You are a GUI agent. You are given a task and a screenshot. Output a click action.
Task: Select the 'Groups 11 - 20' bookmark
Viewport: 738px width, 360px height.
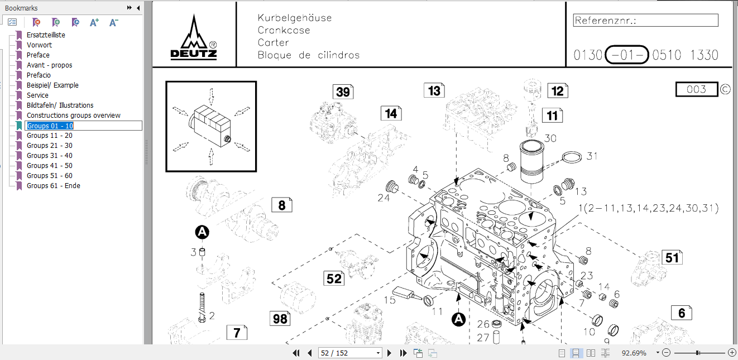[x=49, y=136]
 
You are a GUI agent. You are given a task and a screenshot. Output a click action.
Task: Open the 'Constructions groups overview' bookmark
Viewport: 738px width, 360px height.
[x=73, y=116]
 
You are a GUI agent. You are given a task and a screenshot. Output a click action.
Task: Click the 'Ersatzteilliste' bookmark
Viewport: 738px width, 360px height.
[x=46, y=35]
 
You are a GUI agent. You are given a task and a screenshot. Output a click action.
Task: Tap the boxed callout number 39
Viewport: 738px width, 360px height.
[x=343, y=92]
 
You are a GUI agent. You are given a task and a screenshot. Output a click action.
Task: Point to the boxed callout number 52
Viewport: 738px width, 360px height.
[x=334, y=278]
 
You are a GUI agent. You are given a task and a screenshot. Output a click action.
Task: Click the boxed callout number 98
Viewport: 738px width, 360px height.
[x=280, y=319]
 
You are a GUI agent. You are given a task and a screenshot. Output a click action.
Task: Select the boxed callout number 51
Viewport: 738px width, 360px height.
[x=672, y=257]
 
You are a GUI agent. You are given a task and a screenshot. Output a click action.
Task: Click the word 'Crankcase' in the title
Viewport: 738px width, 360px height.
[x=284, y=30]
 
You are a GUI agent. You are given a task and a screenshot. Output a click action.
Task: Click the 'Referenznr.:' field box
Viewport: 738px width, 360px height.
[x=645, y=21]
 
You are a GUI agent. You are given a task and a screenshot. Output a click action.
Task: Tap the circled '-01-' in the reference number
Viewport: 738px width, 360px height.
[x=627, y=55]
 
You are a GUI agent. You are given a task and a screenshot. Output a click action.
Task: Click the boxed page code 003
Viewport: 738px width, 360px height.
[x=696, y=89]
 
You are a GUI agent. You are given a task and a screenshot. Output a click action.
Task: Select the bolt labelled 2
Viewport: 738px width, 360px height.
[x=202, y=307]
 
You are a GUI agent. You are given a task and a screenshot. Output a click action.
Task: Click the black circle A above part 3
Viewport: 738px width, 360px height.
[x=202, y=232]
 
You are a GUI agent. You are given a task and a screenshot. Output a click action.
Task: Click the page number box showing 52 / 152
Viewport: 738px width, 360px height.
[x=349, y=353]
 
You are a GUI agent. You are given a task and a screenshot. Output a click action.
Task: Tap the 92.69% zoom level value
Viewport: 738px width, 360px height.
[x=634, y=353]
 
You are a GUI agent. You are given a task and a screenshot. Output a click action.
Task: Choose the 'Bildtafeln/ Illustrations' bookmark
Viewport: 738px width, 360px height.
[x=60, y=105]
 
